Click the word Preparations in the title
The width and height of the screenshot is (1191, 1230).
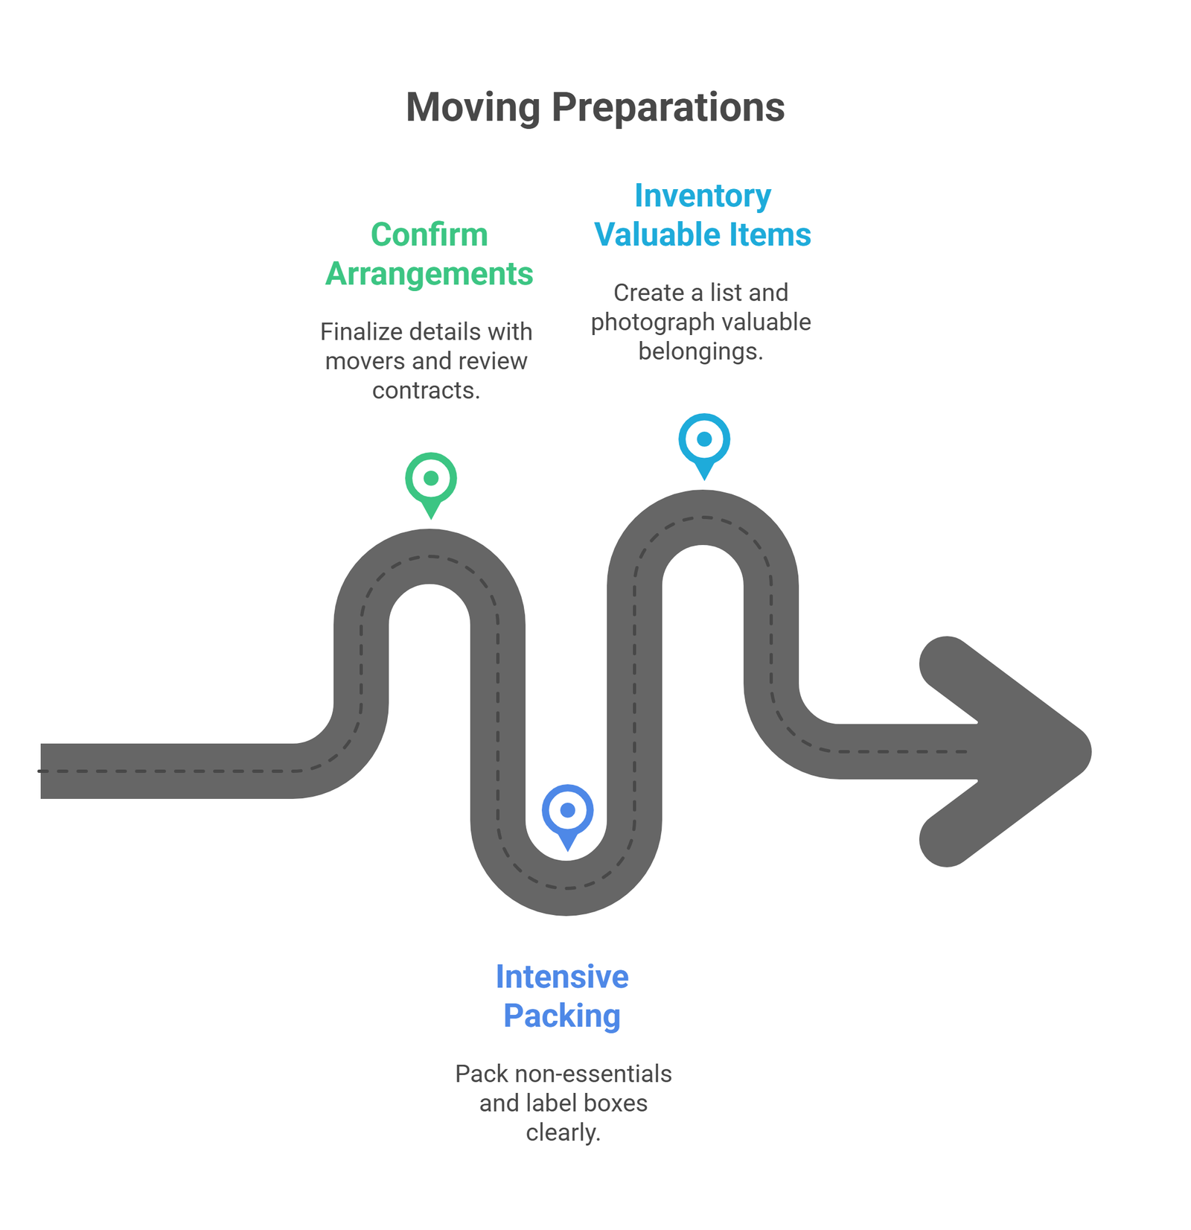pyautogui.click(x=668, y=107)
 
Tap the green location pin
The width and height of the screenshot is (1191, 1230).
pyautogui.click(x=431, y=480)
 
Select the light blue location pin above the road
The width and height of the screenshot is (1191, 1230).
pyautogui.click(x=704, y=441)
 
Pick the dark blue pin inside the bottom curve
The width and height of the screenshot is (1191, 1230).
pyautogui.click(x=567, y=812)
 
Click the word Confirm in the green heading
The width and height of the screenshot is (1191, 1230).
pyautogui.click(x=430, y=235)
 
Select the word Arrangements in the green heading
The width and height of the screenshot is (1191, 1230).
pyautogui.click(x=430, y=274)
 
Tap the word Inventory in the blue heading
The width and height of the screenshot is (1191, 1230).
pyautogui.click(x=703, y=196)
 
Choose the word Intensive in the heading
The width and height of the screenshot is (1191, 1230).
pyautogui.click(x=562, y=977)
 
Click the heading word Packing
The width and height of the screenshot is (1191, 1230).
pyautogui.click(x=562, y=1016)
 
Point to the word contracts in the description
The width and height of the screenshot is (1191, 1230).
pyautogui.click(x=426, y=390)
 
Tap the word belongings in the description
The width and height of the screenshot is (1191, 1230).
pyautogui.click(x=700, y=351)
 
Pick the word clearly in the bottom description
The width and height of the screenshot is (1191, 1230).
pyautogui.click(x=563, y=1132)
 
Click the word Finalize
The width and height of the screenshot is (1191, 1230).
pyautogui.click(x=362, y=331)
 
